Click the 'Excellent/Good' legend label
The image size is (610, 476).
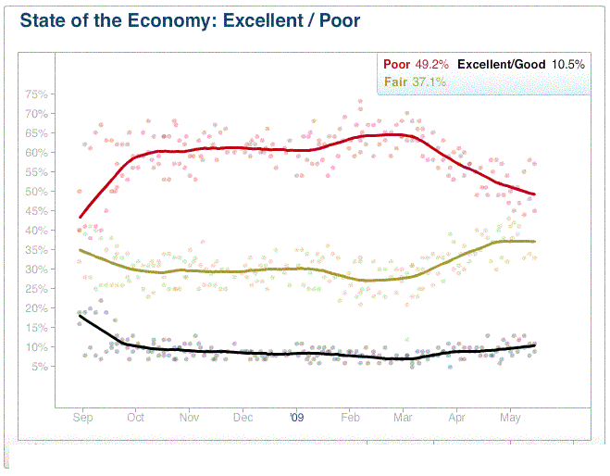pos(500,65)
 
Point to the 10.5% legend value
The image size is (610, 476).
pos(568,65)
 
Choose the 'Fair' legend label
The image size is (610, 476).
pos(395,82)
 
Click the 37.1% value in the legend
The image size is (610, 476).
pos(429,82)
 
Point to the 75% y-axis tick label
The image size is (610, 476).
pos(37,94)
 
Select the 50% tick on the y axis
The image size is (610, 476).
pos(37,192)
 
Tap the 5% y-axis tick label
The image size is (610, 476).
pos(40,367)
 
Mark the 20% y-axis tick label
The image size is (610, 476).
pos(37,308)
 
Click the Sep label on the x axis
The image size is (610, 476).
pos(82,418)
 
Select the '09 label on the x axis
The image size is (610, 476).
pos(296,418)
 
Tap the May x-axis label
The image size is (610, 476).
pos(511,418)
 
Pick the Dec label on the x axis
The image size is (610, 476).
pos(243,418)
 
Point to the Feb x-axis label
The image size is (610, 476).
pos(350,418)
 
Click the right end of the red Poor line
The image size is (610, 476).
pos(535,194)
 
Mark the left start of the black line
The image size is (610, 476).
pos(80,316)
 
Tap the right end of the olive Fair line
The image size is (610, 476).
pos(535,242)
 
